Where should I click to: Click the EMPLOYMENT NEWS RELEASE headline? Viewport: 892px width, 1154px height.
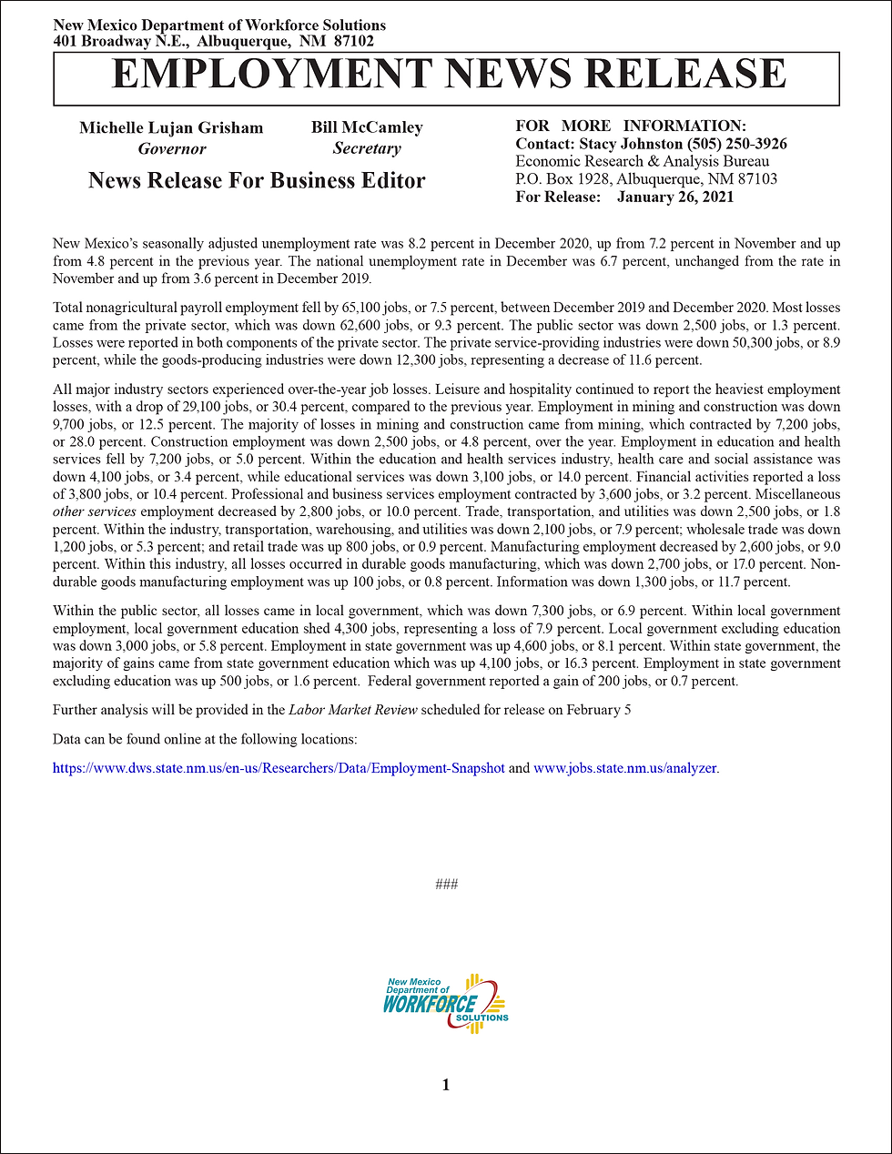click(x=447, y=75)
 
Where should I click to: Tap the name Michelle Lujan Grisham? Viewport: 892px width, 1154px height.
click(x=171, y=127)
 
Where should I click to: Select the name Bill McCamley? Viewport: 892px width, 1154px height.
click(x=367, y=127)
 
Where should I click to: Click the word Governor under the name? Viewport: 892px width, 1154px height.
click(x=172, y=149)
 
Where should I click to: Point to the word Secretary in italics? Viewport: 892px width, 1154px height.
click(x=367, y=148)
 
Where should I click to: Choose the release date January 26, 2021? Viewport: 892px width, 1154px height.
click(x=674, y=197)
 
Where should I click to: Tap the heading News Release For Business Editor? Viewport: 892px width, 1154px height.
click(x=257, y=180)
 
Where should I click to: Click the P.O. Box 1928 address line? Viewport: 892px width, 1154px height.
click(x=646, y=179)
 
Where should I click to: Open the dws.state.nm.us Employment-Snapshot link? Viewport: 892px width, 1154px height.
click(x=279, y=768)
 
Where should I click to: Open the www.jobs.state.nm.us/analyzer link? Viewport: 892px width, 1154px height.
click(x=625, y=768)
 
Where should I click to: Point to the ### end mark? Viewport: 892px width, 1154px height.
click(x=446, y=885)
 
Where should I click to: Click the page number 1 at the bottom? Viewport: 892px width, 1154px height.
click(x=446, y=1084)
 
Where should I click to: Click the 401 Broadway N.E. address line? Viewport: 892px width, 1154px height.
click(x=213, y=41)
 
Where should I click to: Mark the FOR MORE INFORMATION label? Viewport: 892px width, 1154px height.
click(x=631, y=127)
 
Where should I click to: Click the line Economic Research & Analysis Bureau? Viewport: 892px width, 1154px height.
click(x=642, y=161)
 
